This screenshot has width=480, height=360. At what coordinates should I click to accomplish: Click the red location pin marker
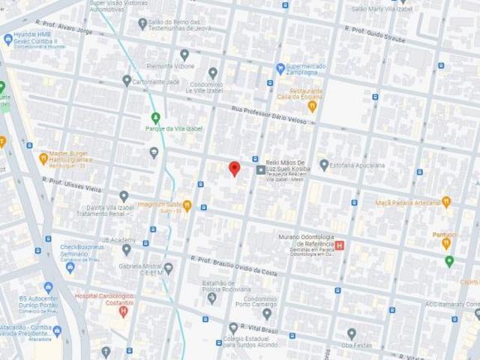(x=234, y=168)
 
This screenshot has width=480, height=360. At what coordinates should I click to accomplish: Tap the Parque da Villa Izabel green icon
(x=156, y=117)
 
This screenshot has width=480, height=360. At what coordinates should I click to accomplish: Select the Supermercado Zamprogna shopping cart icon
(x=280, y=68)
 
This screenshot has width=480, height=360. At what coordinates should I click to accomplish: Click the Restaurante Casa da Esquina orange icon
(x=312, y=106)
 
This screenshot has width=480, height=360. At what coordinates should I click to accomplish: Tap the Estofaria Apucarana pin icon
(x=324, y=164)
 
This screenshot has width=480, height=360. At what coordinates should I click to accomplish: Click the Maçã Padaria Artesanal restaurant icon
(x=446, y=202)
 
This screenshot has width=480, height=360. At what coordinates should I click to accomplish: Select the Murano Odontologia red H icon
(x=339, y=245)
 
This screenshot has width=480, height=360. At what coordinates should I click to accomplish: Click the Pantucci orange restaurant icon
(x=446, y=243)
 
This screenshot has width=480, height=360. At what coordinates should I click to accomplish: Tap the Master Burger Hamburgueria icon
(x=43, y=158)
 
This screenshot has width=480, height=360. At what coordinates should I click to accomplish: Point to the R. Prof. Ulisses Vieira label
(x=71, y=185)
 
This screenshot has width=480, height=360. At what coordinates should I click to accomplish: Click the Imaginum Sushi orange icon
(x=187, y=205)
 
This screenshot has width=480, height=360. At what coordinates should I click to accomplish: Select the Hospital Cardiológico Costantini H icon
(x=124, y=311)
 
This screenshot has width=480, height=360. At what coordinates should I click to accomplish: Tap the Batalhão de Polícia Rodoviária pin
(x=211, y=298)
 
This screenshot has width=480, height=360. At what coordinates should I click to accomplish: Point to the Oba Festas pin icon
(x=351, y=333)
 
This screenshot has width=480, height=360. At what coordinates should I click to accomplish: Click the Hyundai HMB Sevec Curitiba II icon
(x=8, y=40)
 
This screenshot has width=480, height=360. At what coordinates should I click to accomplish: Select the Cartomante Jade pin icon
(x=127, y=80)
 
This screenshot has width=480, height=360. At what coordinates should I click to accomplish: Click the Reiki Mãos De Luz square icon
(x=261, y=170)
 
